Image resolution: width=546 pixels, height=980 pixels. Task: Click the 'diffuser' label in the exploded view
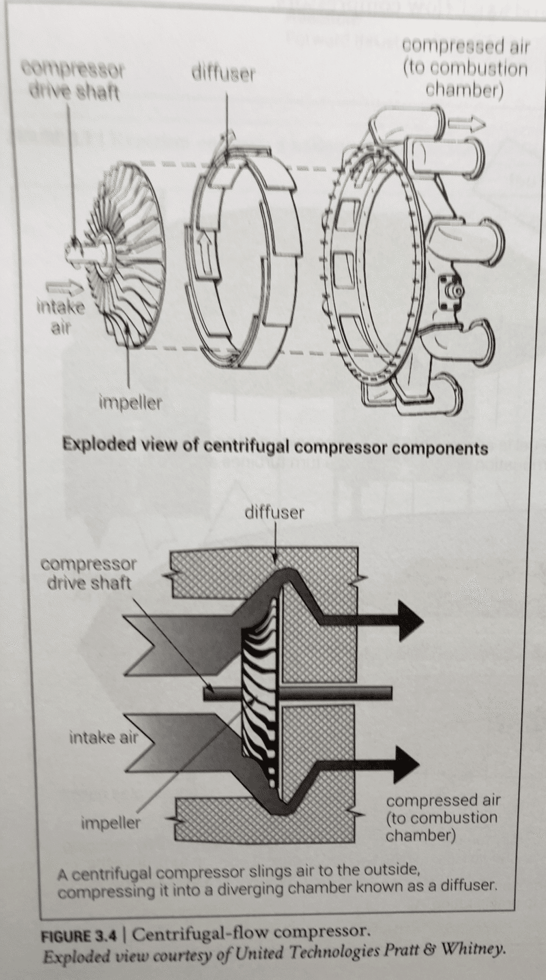click(223, 74)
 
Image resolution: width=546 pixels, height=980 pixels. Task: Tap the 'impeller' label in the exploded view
click(130, 402)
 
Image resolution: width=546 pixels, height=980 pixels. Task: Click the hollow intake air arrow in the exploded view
click(65, 287)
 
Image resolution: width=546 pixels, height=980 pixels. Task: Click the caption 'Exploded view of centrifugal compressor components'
click(275, 447)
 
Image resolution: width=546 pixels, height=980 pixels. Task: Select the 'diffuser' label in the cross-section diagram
click(274, 512)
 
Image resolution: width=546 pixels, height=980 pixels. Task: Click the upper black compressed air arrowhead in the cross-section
click(409, 621)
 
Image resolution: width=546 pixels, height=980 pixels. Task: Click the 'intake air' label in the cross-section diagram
click(104, 738)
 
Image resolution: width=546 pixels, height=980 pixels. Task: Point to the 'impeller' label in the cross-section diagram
click(111, 823)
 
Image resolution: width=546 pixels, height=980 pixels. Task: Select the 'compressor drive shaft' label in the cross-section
click(89, 574)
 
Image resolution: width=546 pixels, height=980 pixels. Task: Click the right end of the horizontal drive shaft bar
click(390, 693)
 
